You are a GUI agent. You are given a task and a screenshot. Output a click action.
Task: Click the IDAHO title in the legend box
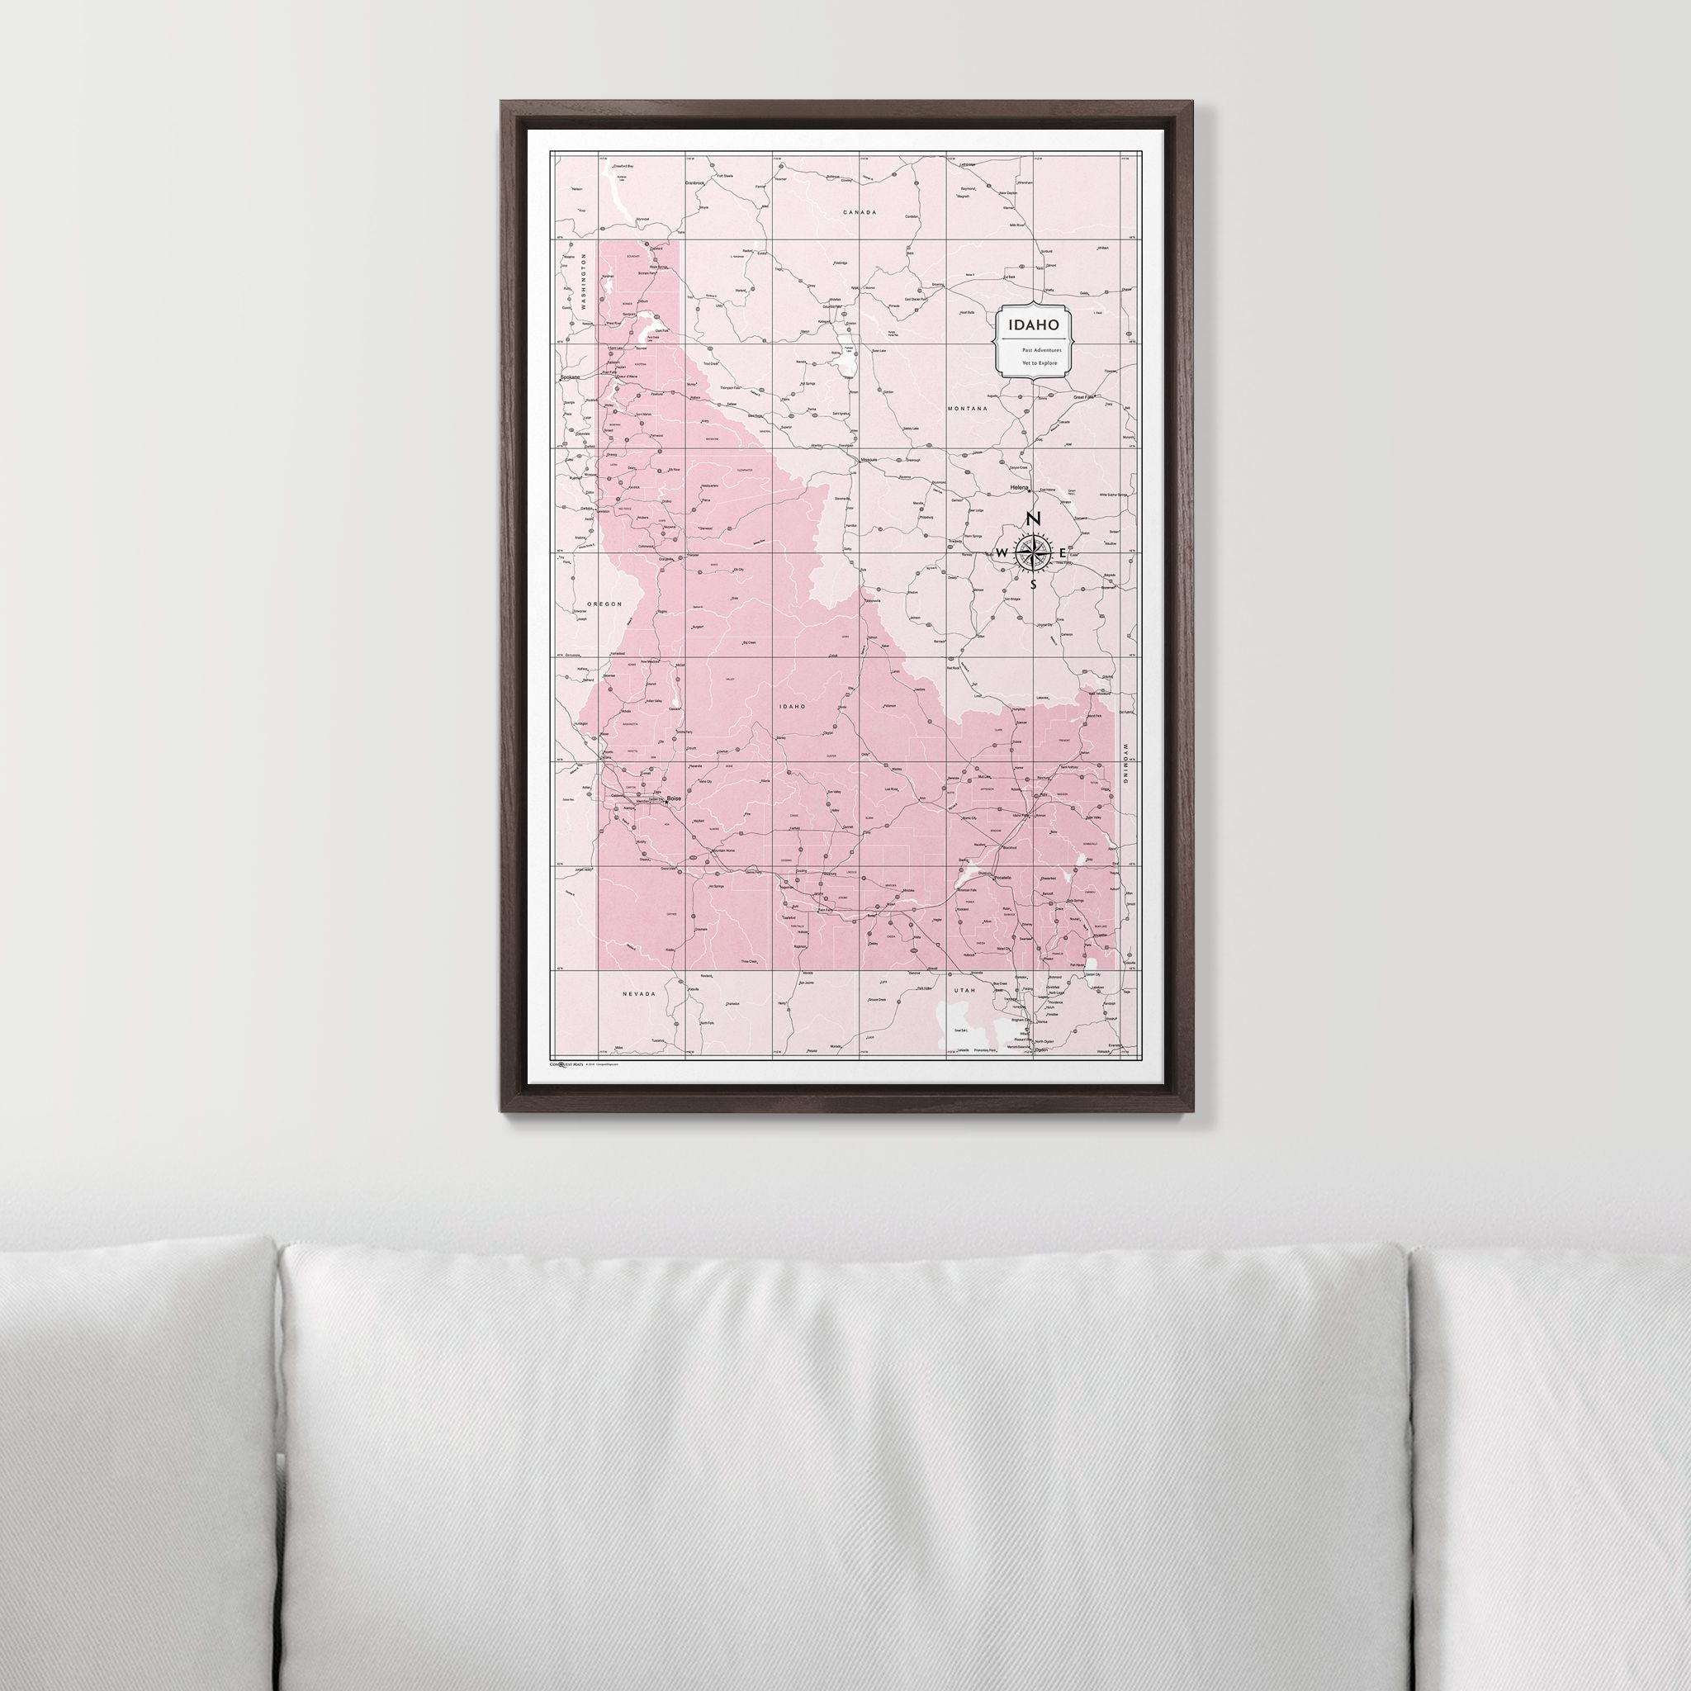pos(1034,324)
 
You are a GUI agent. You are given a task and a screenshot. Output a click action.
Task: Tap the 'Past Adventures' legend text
pos(1034,350)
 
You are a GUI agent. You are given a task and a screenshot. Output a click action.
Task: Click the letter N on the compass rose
pos(1033,519)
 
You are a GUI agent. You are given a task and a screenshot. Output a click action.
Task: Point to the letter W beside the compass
pos(1002,552)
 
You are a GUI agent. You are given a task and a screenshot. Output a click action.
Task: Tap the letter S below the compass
pos(1033,584)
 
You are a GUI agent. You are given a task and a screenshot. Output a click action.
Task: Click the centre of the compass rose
pos(1033,552)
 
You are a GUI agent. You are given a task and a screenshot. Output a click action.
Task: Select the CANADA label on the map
pos(859,213)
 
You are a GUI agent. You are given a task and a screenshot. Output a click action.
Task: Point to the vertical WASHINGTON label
pos(580,282)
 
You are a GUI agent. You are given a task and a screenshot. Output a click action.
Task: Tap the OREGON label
pos(604,604)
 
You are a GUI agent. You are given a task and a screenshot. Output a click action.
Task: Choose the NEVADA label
pos(639,994)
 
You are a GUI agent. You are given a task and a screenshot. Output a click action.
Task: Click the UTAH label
pos(964,990)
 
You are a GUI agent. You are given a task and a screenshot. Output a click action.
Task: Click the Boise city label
pos(674,799)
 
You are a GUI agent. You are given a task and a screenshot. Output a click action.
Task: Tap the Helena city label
pos(1019,486)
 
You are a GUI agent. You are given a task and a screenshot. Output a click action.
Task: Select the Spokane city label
pos(571,377)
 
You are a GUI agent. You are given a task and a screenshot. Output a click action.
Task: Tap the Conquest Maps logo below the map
pos(566,1064)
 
